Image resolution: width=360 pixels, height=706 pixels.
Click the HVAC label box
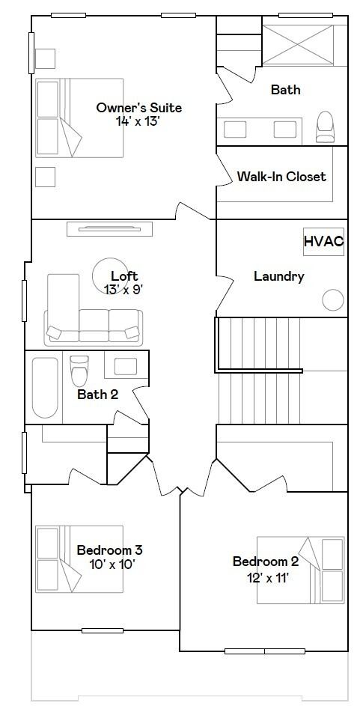323,241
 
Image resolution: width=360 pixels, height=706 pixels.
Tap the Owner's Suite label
139,108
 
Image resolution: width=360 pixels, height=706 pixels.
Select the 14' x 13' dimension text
138,121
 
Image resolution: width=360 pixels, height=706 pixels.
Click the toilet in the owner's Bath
325,127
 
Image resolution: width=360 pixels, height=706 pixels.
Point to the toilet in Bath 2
79,371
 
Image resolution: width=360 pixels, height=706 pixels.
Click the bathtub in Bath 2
45,387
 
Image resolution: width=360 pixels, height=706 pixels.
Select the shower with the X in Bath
298,45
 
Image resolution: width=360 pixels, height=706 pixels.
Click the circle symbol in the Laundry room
333,299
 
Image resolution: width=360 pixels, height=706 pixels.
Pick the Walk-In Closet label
281,177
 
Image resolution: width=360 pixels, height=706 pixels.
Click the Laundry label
279,276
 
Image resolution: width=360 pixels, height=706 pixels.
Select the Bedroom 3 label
110,550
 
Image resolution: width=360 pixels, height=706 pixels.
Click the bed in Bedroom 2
301,570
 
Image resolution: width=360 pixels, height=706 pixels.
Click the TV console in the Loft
109,229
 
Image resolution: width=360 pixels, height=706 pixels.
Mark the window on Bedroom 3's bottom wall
102,630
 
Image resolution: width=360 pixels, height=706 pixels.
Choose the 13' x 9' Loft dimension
123,290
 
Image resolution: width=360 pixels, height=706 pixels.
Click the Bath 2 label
97,395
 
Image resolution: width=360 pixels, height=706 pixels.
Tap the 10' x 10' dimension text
112,565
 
